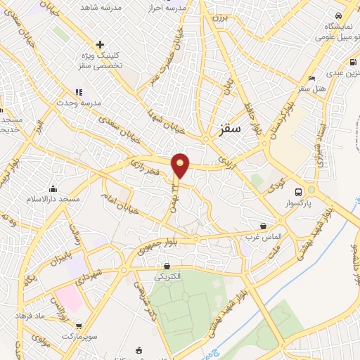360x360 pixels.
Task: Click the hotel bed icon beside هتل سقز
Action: tap(311, 78)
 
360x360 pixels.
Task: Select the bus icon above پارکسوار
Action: tap(299, 191)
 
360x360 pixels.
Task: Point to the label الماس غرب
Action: tap(264, 237)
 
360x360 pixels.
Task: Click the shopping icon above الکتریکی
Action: tap(167, 266)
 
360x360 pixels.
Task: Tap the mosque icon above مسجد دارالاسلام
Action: tap(53, 188)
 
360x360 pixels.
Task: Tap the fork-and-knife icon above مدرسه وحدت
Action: tap(79, 92)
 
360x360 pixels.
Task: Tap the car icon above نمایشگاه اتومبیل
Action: tap(338, 15)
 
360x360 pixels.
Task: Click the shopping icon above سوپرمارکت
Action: tap(79, 326)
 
